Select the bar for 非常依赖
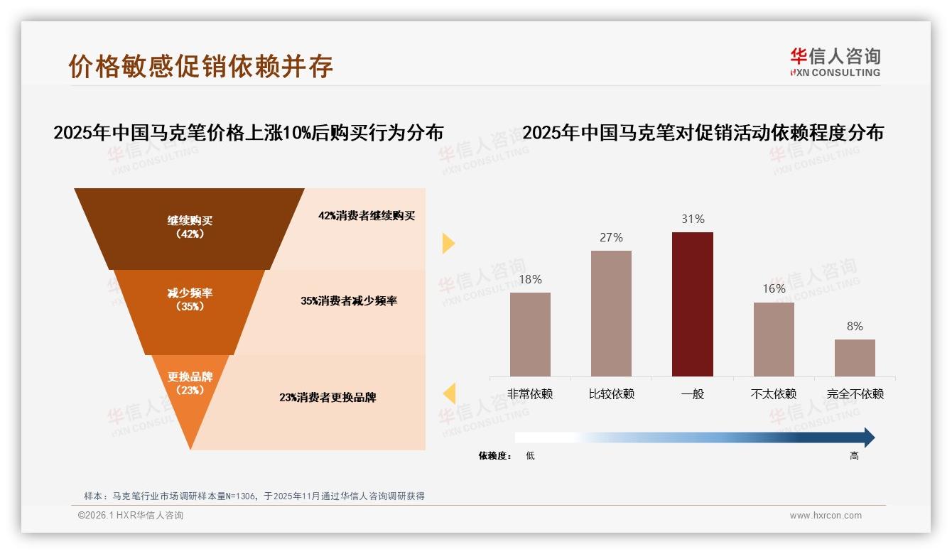(x=530, y=334)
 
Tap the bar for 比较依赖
(x=611, y=313)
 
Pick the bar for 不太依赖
(x=774, y=339)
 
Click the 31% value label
(x=693, y=219)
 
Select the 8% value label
(x=855, y=327)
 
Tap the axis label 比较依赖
(x=611, y=394)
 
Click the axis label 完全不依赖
(x=855, y=394)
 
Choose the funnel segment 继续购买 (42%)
(x=190, y=227)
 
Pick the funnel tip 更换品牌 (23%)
(x=190, y=391)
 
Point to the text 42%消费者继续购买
(x=366, y=216)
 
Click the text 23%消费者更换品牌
(x=328, y=398)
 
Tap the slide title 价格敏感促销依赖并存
(x=200, y=66)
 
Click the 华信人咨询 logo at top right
(x=835, y=62)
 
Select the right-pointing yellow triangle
(x=448, y=243)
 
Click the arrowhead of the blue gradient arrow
(x=868, y=438)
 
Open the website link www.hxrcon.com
(x=826, y=516)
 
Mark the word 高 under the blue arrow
(x=855, y=456)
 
